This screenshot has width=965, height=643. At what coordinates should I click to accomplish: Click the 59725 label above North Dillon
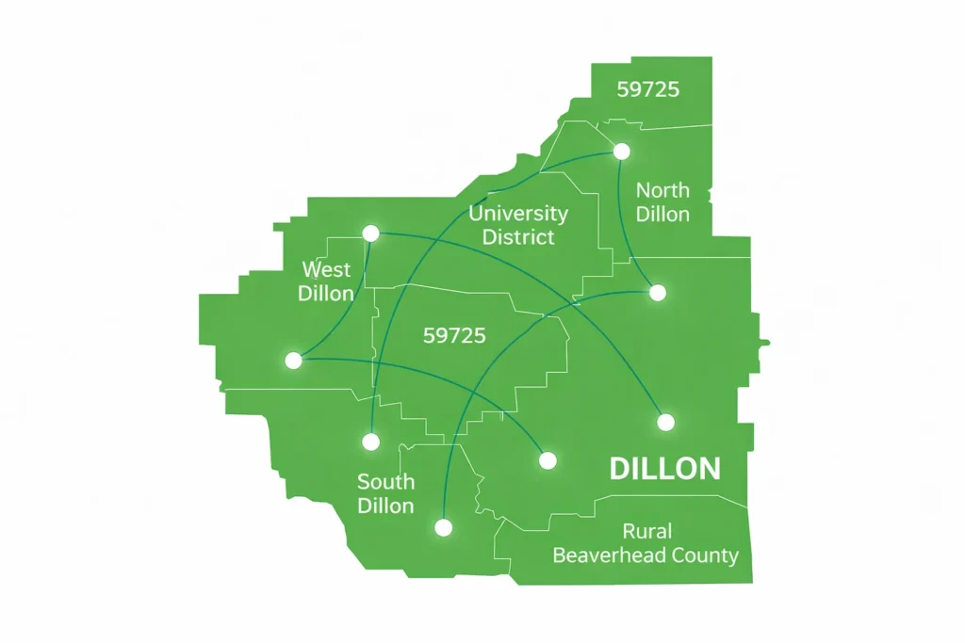point(648,90)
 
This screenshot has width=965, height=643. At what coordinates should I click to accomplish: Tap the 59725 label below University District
point(454,335)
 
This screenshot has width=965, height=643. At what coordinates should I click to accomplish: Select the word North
point(662,190)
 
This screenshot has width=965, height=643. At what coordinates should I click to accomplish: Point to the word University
point(518,213)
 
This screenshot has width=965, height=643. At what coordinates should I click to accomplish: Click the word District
point(518,236)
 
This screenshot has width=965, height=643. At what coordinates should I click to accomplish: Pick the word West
point(326,269)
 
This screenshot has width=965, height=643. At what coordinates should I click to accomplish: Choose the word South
point(385,482)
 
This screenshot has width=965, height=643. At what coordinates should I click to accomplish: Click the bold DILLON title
point(665,469)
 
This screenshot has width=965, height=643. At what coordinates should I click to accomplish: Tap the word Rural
point(646,532)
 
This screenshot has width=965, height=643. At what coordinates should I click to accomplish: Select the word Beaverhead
point(609,555)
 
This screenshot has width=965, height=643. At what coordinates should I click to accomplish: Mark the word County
point(705,555)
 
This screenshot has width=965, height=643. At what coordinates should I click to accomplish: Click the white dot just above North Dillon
point(621,151)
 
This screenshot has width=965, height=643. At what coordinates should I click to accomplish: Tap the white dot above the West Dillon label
point(370,233)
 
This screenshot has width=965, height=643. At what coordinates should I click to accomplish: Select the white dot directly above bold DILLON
point(665,422)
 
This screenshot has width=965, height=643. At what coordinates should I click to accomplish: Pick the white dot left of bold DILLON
point(548,460)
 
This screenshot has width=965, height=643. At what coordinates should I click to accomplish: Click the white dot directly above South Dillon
point(371,441)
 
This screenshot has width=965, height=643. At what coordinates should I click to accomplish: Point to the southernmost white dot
point(443,527)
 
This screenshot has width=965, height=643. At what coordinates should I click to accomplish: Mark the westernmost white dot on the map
point(293,360)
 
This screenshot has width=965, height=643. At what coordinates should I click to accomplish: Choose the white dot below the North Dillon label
point(658,293)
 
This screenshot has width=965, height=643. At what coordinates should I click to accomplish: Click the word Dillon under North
point(662,214)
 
